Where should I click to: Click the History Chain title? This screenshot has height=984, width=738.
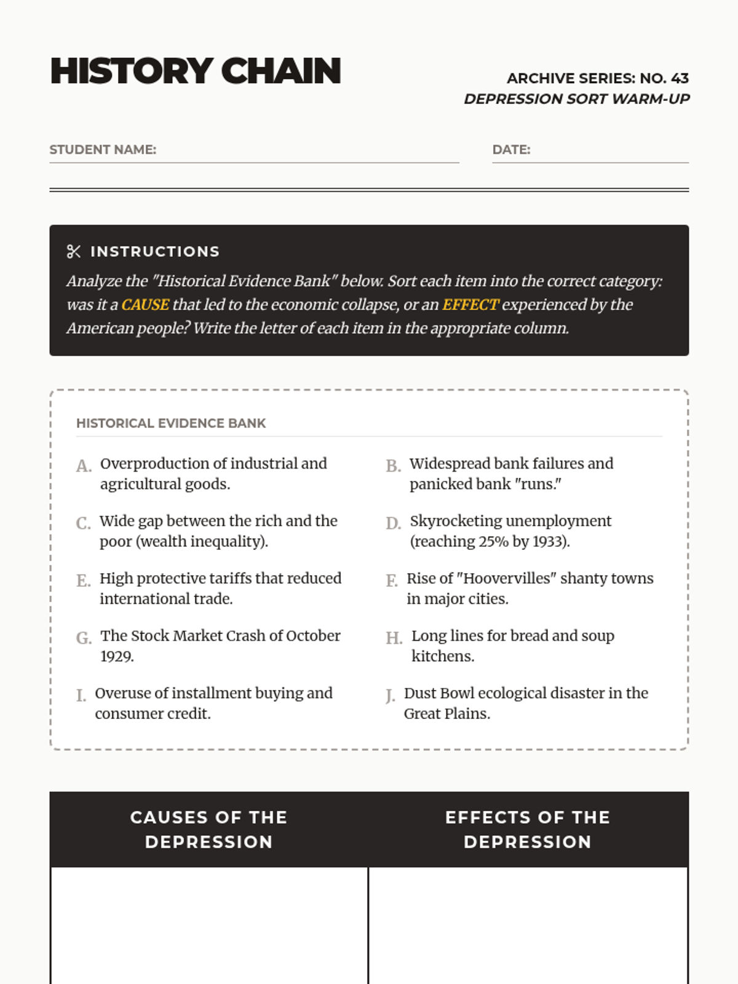(x=196, y=71)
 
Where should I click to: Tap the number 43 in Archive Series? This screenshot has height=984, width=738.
(x=680, y=79)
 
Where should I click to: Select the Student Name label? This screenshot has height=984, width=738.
(x=103, y=149)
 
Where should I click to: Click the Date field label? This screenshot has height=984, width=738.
(x=511, y=149)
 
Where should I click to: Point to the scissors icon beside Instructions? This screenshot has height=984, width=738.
(x=74, y=252)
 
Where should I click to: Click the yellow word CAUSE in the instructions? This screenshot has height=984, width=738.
(x=145, y=305)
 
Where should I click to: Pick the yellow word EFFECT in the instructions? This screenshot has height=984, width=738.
(x=470, y=305)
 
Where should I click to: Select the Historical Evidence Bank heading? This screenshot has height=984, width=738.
(x=171, y=423)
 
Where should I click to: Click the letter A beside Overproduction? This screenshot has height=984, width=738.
(x=84, y=466)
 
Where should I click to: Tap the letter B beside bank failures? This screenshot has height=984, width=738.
(x=393, y=466)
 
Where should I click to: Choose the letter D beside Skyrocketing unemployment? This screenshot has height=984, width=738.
(x=393, y=523)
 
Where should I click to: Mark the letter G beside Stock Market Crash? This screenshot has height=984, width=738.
(x=84, y=638)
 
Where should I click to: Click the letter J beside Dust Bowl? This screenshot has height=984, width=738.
(x=390, y=696)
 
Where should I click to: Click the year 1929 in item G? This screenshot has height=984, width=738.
(x=117, y=657)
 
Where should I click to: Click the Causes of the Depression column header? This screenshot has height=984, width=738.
(x=209, y=829)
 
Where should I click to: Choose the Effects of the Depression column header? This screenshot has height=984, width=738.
(x=528, y=829)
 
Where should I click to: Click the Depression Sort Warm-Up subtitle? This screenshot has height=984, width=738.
(x=577, y=99)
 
